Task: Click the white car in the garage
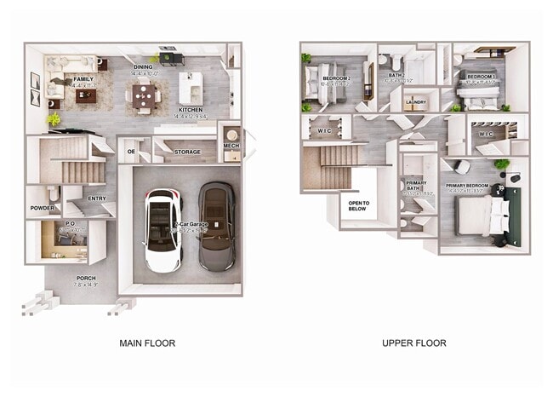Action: pyautogui.click(x=162, y=230)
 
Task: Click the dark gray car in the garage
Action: pyautogui.click(x=217, y=227)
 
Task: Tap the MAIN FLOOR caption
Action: pyautogui.click(x=147, y=343)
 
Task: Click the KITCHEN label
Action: pyautogui.click(x=191, y=110)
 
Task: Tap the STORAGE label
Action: pyautogui.click(x=187, y=152)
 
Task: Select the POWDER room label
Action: pyautogui.click(x=43, y=208)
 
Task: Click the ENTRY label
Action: pyautogui.click(x=97, y=199)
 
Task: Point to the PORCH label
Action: pyautogui.click(x=86, y=278)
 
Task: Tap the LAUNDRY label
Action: pyautogui.click(x=416, y=102)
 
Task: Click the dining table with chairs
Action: pyautogui.click(x=146, y=94)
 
